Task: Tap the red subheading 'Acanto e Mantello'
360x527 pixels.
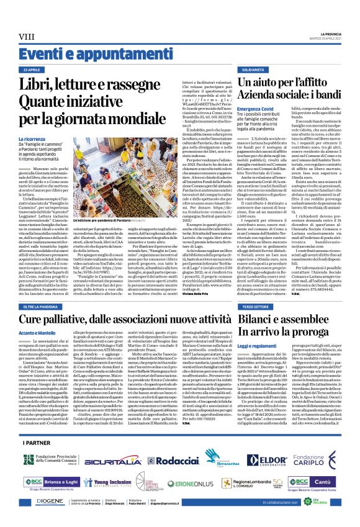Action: click(x=38, y=350)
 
